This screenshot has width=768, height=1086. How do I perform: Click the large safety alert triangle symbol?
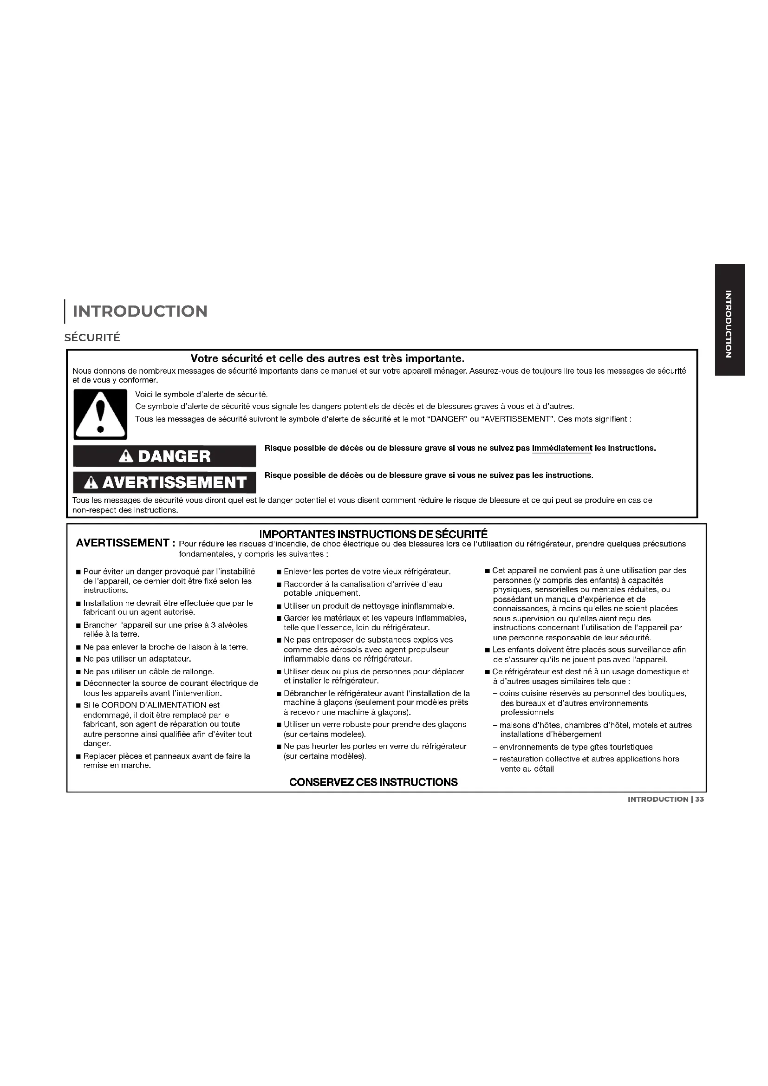100,414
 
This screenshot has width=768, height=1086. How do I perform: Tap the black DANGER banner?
164,456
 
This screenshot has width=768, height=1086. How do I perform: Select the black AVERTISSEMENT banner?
164,482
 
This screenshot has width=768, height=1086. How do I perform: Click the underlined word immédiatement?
562,448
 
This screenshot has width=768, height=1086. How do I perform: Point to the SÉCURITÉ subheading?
92,338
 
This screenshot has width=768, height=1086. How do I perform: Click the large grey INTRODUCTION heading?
140,311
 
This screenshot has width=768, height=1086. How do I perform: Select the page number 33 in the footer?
699,800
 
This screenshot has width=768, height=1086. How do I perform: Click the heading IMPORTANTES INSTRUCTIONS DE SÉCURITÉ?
374,534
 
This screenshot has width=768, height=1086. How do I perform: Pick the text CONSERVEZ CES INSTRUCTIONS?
374,782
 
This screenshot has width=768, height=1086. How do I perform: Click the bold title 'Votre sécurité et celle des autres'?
327,359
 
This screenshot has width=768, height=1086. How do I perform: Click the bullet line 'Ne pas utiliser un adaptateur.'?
137,659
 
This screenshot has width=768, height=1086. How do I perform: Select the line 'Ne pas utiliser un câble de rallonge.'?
149,672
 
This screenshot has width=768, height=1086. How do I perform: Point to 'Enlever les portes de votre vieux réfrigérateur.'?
367,572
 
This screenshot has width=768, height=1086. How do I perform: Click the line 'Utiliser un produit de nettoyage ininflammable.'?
369,606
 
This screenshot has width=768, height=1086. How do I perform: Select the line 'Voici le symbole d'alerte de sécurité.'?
202,395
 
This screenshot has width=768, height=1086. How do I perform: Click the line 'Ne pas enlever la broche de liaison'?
165,647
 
